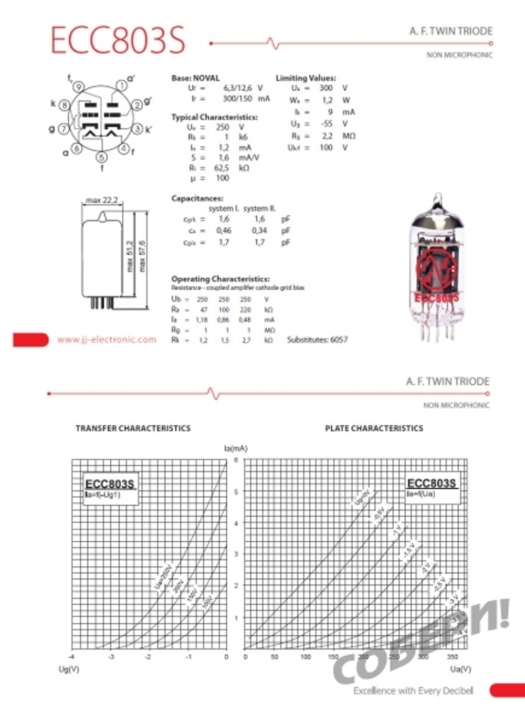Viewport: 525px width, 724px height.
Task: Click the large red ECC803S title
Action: click(118, 40)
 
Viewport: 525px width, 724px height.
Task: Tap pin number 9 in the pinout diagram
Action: click(78, 87)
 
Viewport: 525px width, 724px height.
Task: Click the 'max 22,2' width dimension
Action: click(102, 200)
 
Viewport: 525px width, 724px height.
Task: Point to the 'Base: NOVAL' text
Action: click(195, 78)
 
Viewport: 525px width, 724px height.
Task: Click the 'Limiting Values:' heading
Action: click(306, 78)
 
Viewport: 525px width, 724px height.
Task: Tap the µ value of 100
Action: click(223, 178)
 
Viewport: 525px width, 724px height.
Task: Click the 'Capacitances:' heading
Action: click(197, 198)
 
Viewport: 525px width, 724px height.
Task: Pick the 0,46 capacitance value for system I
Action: click(224, 230)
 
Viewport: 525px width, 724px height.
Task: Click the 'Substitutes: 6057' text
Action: click(317, 340)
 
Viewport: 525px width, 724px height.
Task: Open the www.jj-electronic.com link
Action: click(107, 340)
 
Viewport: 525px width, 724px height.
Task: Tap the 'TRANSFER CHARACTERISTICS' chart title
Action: click(133, 428)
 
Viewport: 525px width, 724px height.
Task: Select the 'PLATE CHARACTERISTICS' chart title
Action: click(374, 428)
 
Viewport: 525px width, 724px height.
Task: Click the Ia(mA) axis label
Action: click(236, 448)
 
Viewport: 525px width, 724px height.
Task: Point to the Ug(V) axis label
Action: click(69, 669)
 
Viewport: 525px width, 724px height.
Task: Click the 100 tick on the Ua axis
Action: click(305, 657)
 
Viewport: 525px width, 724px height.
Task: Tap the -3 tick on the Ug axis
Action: click(111, 657)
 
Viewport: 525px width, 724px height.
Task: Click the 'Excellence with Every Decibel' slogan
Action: click(413, 690)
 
